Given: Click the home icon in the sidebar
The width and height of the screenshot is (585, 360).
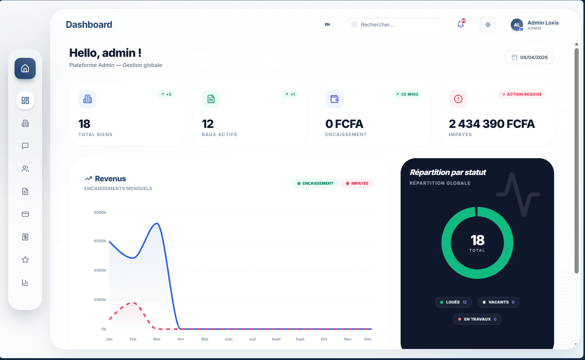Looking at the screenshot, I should [x=25, y=68].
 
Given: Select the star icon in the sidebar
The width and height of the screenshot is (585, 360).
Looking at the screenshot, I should [x=25, y=260].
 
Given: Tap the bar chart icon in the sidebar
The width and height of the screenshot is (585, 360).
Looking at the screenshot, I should [x=25, y=282].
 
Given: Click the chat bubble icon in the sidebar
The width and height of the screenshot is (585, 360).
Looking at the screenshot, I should [x=25, y=146].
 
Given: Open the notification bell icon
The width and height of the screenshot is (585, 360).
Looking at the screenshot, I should [x=461, y=24].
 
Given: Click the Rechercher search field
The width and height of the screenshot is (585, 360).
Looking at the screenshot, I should [x=395, y=24].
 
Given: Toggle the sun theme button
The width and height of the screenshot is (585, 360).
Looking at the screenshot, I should [x=487, y=24].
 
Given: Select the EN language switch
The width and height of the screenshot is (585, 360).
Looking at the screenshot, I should [x=327, y=24].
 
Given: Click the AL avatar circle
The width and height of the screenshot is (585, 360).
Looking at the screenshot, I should [x=517, y=24].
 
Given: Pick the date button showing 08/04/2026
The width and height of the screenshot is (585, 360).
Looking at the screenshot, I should [x=529, y=58].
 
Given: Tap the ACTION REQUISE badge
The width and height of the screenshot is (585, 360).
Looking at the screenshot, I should [x=521, y=94].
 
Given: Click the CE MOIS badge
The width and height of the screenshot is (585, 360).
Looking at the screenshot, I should [x=407, y=94].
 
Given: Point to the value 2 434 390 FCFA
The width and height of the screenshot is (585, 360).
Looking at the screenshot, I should [x=491, y=124].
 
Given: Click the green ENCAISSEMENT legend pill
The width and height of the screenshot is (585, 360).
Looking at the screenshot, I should [x=315, y=183].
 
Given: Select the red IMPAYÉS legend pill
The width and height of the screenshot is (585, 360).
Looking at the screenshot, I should [x=357, y=183].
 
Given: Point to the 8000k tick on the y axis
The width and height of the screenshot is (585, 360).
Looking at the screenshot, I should [x=100, y=212].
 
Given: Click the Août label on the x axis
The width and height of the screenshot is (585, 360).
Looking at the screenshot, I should [x=276, y=339].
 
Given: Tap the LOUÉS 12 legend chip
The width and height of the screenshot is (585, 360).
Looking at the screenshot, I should [x=453, y=302].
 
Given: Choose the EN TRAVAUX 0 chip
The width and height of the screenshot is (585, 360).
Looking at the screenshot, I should [x=477, y=320].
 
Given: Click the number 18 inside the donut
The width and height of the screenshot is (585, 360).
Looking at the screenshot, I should [x=477, y=240].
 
